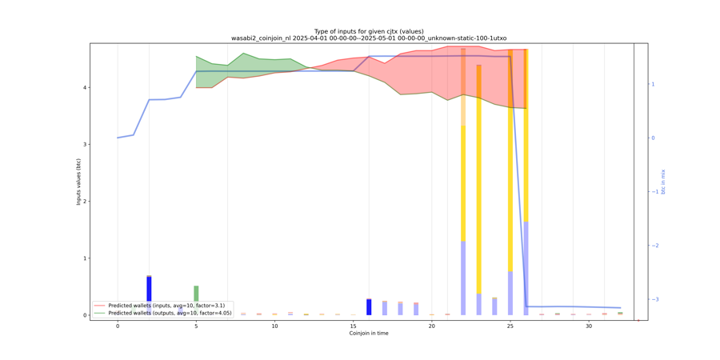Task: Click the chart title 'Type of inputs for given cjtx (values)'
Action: click(369, 31)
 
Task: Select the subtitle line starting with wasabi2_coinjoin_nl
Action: click(369, 38)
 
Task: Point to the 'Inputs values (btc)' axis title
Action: click(78, 182)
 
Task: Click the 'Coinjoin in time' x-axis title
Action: click(369, 334)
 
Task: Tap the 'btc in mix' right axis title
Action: click(662, 182)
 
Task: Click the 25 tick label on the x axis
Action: click(510, 326)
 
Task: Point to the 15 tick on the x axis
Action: click(353, 326)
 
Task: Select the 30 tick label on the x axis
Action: click(589, 326)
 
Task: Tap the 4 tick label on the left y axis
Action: click(86, 87)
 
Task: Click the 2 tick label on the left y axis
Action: click(86, 202)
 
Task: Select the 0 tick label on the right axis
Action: click(653, 138)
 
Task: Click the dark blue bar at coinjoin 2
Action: click(149, 289)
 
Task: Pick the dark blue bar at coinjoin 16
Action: click(369, 307)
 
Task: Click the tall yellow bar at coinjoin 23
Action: click(479, 184)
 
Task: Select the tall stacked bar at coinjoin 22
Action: click(463, 184)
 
